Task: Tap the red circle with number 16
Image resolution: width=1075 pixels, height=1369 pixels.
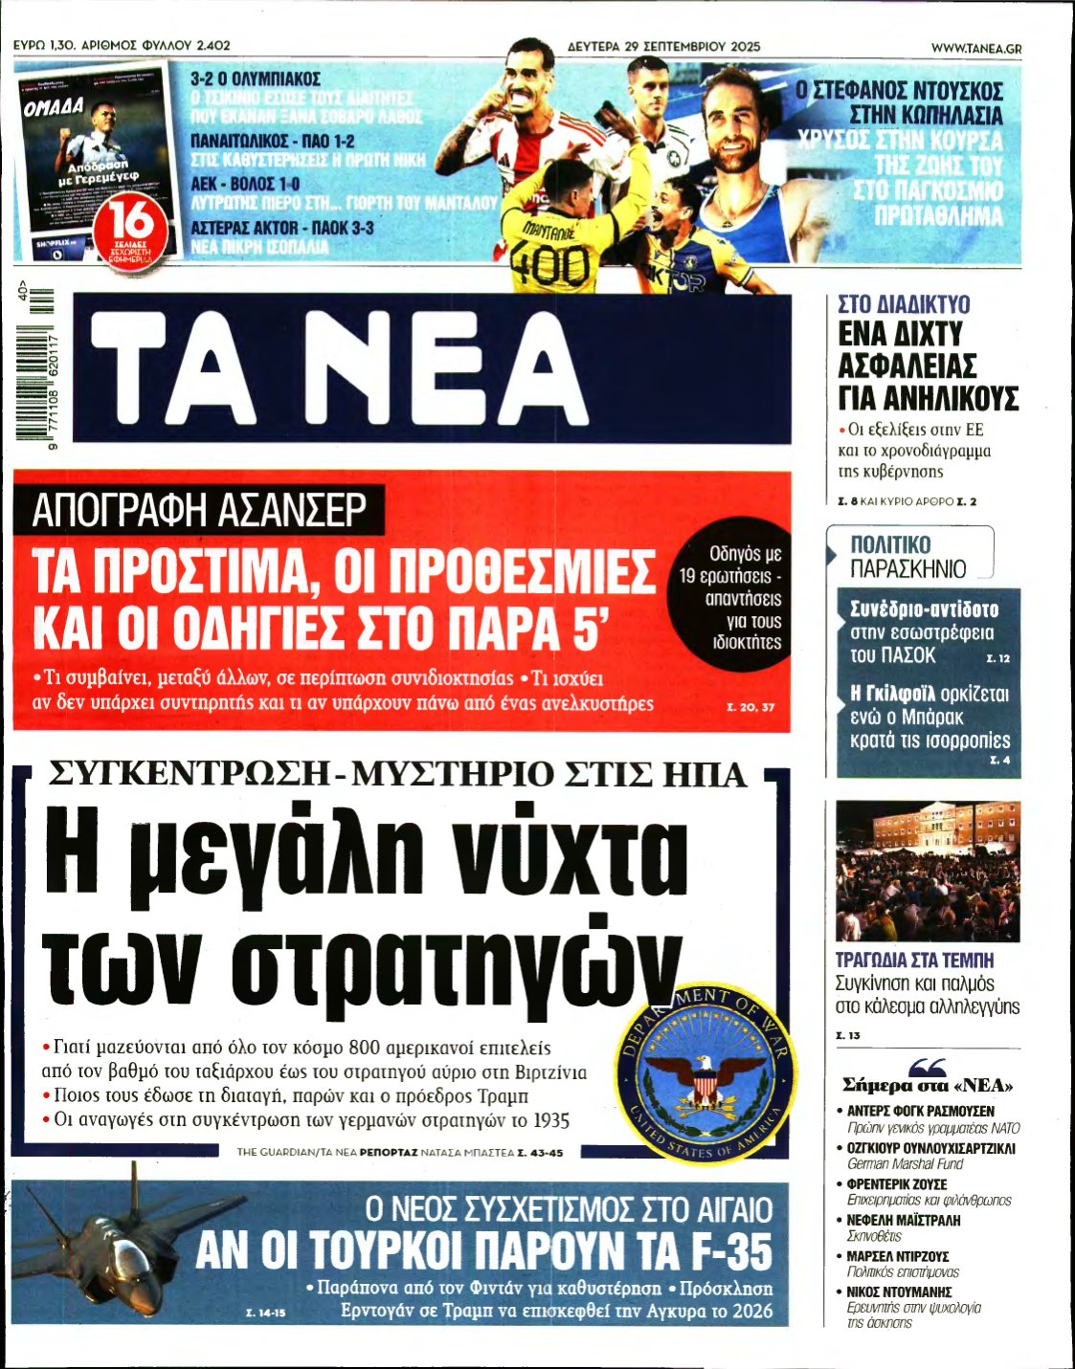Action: coord(131,224)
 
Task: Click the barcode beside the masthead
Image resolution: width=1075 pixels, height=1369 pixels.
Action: coord(36,368)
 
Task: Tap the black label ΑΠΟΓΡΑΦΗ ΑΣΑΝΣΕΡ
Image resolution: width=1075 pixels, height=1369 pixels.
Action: coord(198,510)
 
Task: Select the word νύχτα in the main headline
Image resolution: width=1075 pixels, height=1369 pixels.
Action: coord(562,848)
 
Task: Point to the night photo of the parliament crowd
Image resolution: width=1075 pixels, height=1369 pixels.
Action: coord(927,871)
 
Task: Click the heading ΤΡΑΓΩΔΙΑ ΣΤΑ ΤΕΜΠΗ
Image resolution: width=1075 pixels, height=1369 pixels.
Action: coord(914,960)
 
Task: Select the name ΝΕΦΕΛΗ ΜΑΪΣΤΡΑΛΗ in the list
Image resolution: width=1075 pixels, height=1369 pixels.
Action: coord(904,1220)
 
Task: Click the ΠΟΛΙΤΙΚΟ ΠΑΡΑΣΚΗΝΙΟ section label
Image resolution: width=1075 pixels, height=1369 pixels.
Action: coord(908,556)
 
